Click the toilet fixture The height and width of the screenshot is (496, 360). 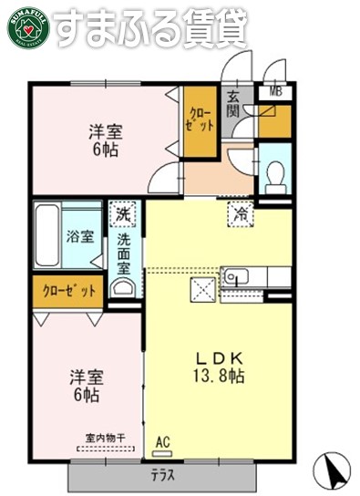point(274,175)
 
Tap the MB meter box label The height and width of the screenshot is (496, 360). point(274,91)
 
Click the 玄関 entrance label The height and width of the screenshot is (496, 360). point(233,104)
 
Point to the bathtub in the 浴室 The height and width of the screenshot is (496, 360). point(47,236)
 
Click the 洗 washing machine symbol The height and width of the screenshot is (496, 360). point(121,215)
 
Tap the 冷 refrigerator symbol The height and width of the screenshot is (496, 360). point(241,215)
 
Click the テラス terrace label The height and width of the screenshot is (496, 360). point(164,476)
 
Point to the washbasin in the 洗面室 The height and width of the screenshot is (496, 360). point(121,289)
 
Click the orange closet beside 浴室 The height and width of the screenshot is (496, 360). point(68,292)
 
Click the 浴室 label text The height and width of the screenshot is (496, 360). point(79,237)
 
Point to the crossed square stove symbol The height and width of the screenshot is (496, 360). point(202,291)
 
